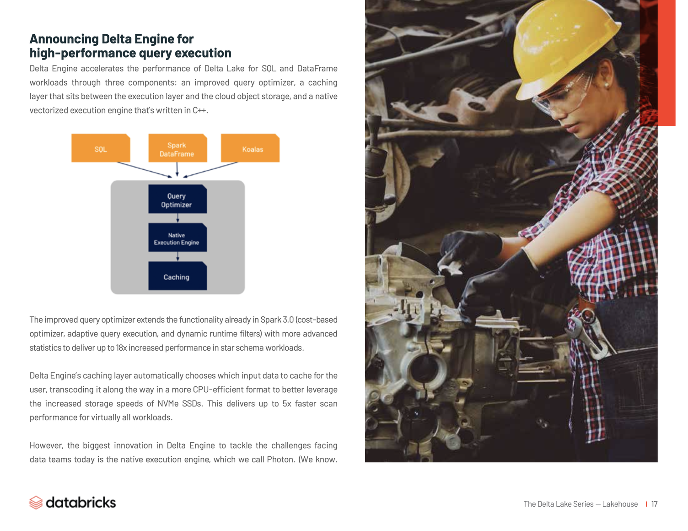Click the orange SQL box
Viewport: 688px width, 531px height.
101,148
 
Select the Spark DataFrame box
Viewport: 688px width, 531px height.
177,148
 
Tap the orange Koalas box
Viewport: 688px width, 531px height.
250,148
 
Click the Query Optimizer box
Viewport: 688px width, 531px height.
177,200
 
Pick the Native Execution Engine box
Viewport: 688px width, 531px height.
177,238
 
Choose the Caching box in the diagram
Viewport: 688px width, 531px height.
177,276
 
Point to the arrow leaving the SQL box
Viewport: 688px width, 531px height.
144,169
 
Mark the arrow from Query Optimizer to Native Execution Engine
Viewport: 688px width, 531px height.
178,218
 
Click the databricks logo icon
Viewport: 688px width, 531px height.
36,503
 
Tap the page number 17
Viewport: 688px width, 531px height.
654,504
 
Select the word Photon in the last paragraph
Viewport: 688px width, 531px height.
280,460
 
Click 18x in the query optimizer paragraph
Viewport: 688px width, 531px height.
121,348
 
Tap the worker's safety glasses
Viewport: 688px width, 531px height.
563,94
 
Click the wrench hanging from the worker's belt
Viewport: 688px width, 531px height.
590,334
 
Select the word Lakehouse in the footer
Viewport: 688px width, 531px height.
620,504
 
